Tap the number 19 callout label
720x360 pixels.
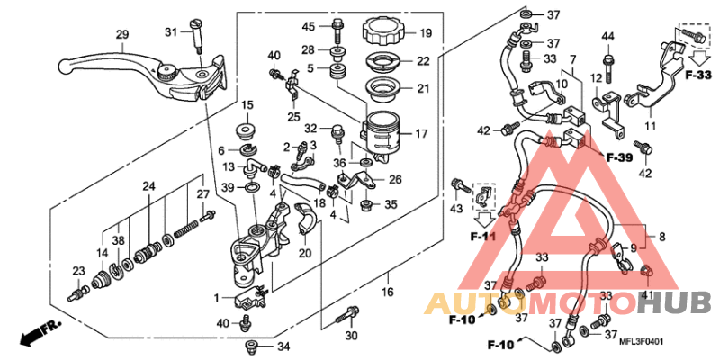426,34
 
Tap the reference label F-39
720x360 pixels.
620,158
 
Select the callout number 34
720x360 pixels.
283,346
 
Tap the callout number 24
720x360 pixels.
148,186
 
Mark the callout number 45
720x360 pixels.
309,25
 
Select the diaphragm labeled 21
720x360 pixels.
386,90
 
